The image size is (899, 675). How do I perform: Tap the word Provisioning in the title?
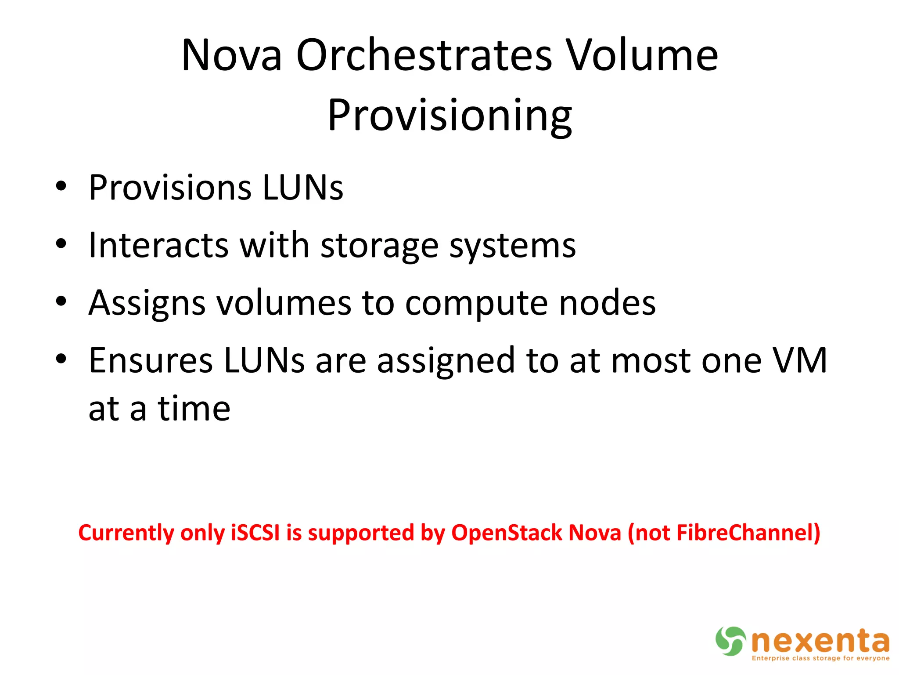[449, 115]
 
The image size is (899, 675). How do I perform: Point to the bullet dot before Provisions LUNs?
[61, 186]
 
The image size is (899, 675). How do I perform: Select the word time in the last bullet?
[194, 408]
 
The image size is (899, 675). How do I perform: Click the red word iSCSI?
[255, 533]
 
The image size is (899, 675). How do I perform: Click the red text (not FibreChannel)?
[724, 533]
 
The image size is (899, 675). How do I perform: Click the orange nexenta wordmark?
[820, 641]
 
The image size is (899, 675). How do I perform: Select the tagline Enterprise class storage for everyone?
[820, 658]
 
